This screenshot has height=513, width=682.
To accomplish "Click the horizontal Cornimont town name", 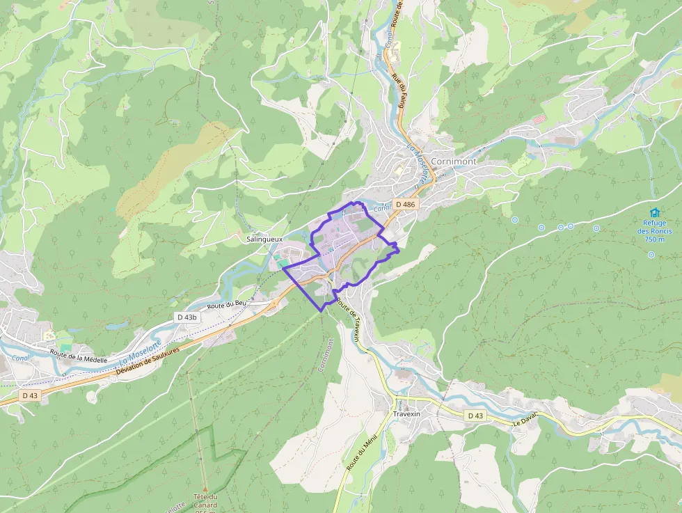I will [454, 161].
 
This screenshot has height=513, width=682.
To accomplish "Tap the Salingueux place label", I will [264, 239].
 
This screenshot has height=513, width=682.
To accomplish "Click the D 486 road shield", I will [405, 205].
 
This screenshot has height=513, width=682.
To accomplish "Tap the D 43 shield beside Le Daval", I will [475, 416].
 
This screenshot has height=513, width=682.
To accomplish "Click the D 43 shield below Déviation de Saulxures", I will [29, 395].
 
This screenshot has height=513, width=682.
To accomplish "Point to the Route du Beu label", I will [227, 305].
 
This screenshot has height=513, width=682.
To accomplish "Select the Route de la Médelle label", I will [79, 357].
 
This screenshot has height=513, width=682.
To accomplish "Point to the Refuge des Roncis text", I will [654, 230].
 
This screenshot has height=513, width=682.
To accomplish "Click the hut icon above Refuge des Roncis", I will [654, 212].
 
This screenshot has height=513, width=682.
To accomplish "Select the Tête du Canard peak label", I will [205, 500].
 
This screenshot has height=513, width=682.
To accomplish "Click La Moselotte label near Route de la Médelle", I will [140, 352].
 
